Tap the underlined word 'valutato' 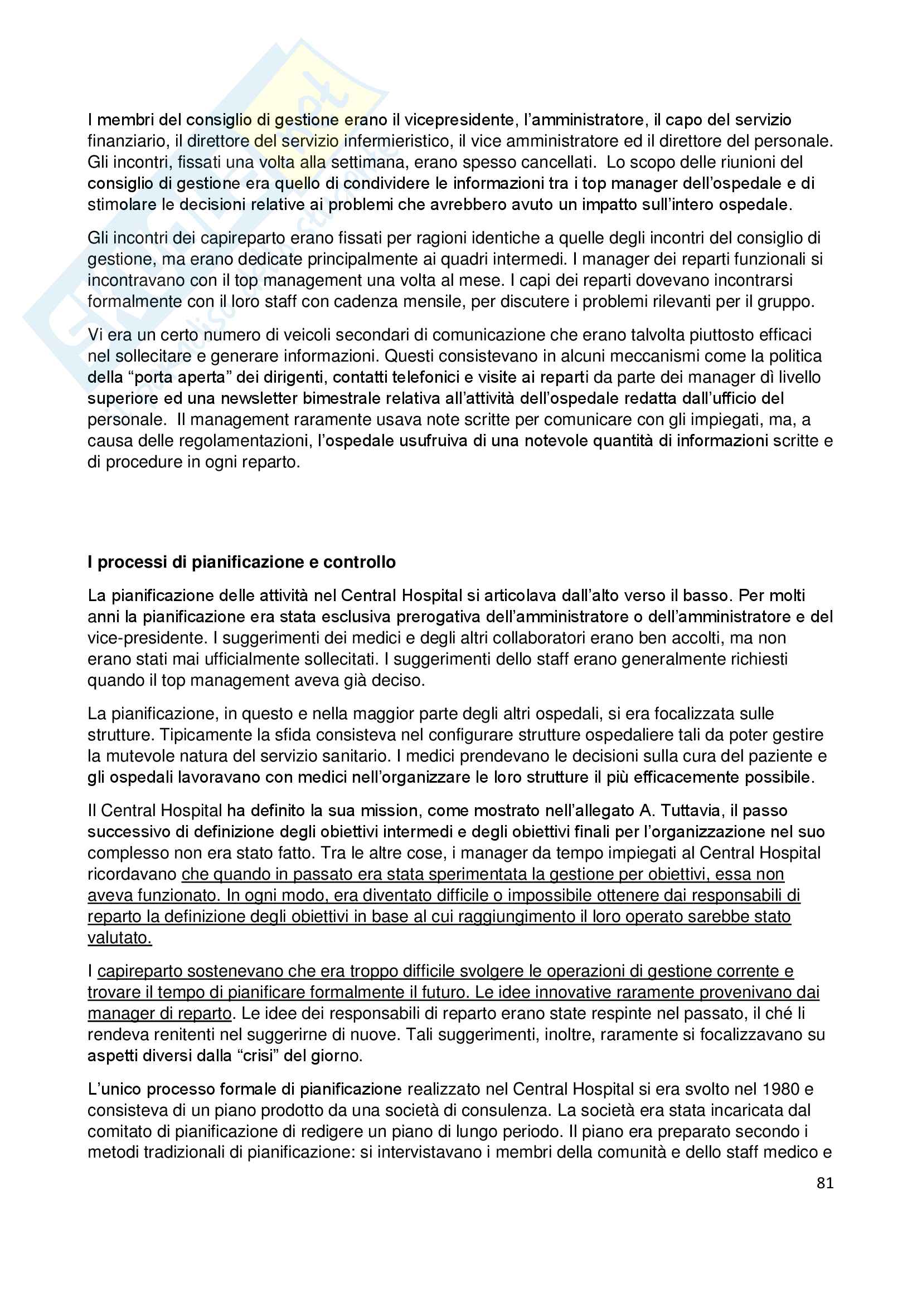(x=119, y=938)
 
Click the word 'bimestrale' (x=340, y=398)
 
